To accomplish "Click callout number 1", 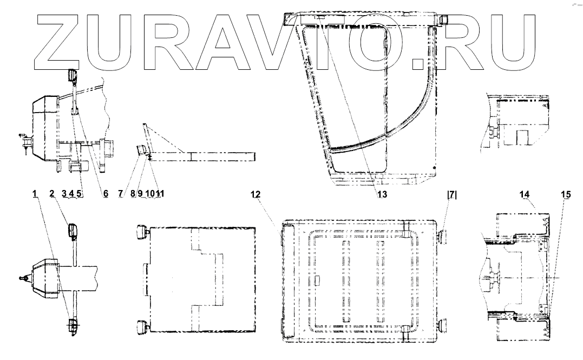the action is [x=35, y=194].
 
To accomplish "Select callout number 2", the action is [x=51, y=194].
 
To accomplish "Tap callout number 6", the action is [x=106, y=194].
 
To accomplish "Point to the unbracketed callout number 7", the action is [x=121, y=194].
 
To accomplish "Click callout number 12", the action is [x=256, y=194].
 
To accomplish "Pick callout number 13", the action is [x=382, y=194].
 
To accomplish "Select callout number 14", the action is [x=525, y=194].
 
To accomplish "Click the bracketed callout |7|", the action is [x=452, y=194].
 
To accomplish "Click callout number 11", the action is [x=160, y=194].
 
